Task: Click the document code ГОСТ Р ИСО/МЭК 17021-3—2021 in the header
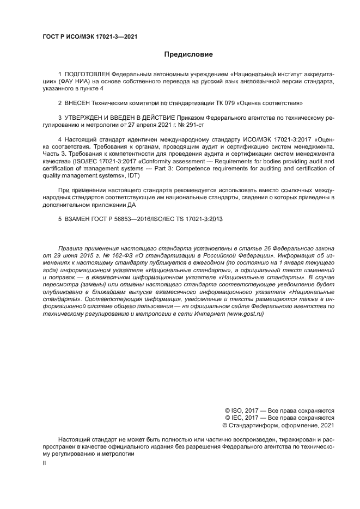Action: click(x=89, y=36)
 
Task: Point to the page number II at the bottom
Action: click(x=44, y=462)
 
